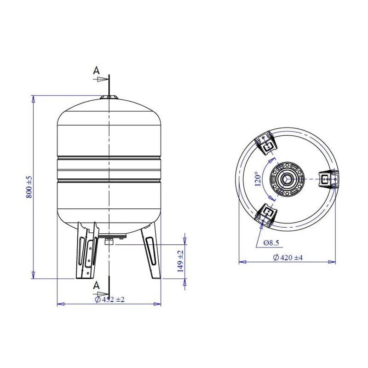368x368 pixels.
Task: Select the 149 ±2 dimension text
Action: click(x=181, y=262)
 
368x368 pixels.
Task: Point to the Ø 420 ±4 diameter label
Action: click(x=287, y=258)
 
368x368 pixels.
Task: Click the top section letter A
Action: click(x=96, y=70)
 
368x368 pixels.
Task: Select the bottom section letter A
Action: click(x=96, y=286)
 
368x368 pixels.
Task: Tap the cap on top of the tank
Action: click(x=109, y=97)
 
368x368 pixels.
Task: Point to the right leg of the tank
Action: click(x=150, y=251)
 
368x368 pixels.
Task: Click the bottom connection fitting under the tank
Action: click(x=110, y=241)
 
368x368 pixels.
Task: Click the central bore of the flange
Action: click(x=287, y=178)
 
